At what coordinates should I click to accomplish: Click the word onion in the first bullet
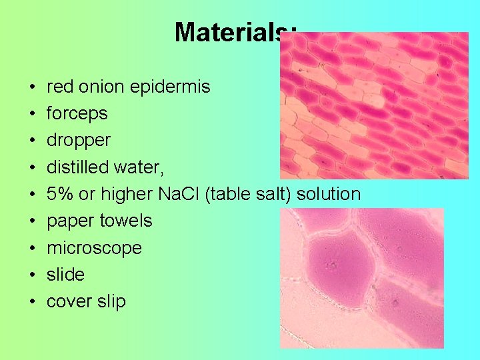tap(105, 87)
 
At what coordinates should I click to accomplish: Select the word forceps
tap(77, 113)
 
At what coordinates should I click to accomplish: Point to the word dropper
tap(78, 141)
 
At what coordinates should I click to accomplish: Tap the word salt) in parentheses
tap(272, 194)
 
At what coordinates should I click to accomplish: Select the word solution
tap(329, 194)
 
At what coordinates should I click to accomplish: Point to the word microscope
tap(94, 248)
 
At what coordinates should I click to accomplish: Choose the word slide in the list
tap(65, 275)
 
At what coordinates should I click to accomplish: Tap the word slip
tap(109, 302)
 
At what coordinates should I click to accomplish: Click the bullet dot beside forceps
tap(32, 114)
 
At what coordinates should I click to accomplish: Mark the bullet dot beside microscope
tap(32, 249)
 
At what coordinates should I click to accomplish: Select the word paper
tap(71, 221)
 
